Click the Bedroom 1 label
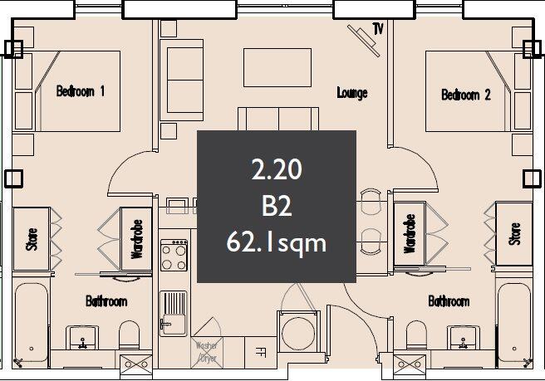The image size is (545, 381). click(x=80, y=90)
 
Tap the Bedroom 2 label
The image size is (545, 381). click(x=465, y=95)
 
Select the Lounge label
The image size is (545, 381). click(x=352, y=93)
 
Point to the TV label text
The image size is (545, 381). click(x=378, y=30)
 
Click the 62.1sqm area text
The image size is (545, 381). click(x=276, y=242)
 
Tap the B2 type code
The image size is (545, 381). click(x=276, y=207)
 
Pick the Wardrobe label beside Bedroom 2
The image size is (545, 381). click(x=410, y=236)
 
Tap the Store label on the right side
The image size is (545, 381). click(x=515, y=234)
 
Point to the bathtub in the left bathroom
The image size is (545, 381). click(x=32, y=323)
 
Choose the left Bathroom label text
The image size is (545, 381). click(x=106, y=300)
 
